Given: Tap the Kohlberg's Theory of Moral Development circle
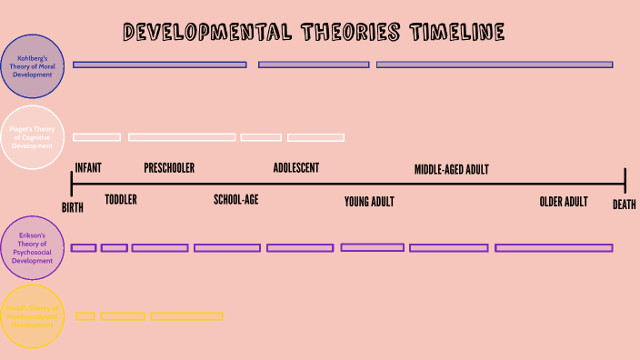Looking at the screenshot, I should pos(33,66).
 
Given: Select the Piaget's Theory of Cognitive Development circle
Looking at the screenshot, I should pos(33,137).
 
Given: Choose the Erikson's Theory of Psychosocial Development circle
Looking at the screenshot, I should pos(33,247).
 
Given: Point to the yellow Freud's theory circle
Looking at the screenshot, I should pos(33,316).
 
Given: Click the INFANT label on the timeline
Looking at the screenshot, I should pos(88,168).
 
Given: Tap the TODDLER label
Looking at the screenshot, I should pos(121,200).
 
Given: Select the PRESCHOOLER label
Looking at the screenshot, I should pos(169,168).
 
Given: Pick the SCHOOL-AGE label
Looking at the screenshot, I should pos(236,200).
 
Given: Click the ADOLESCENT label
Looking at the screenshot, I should pos(296,168).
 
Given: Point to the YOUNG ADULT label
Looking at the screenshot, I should pos(369,202).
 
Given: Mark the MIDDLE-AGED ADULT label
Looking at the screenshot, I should pos(452,169).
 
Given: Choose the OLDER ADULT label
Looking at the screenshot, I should pos(564,202).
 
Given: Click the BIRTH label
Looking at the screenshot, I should pos(73,207).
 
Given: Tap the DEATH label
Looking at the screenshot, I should pos(624,205).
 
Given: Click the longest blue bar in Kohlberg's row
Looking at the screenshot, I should pos(495,65).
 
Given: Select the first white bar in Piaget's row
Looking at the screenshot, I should pos(96,137).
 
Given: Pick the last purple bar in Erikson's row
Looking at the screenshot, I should pos(554,247).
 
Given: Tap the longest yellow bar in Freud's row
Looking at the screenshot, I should pos(186,316).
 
